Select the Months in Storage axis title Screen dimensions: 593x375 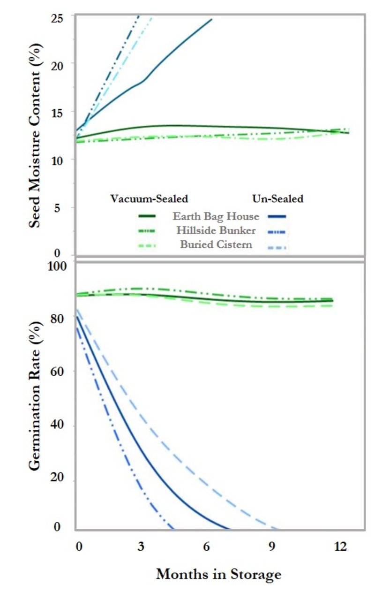point(218,573)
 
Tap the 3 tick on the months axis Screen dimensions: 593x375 point(140,547)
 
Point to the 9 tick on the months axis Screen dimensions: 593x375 point(272,547)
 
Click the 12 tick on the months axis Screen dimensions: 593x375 point(340,547)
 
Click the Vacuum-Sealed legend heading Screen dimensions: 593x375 point(149,199)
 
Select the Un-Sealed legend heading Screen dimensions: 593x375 point(278,199)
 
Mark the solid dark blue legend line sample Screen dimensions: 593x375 point(278,217)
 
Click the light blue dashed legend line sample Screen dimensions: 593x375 point(278,246)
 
